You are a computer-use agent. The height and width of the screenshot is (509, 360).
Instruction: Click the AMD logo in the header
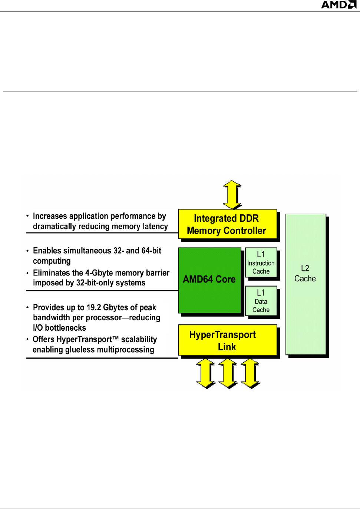[338, 5]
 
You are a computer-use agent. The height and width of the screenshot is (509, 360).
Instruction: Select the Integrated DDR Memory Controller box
[227, 224]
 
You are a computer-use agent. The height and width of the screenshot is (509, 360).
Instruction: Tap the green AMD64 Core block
[209, 280]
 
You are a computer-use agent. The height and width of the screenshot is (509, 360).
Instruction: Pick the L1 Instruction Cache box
[261, 262]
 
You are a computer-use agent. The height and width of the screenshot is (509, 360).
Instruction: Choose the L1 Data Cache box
[261, 301]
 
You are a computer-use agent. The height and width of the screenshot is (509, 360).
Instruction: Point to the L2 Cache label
[305, 274]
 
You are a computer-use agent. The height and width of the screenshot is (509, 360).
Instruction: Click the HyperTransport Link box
[227, 340]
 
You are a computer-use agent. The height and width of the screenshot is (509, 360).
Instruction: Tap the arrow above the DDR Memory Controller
[232, 195]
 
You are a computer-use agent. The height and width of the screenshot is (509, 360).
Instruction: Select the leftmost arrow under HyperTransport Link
[206, 373]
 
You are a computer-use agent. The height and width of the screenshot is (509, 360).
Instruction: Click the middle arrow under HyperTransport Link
[228, 373]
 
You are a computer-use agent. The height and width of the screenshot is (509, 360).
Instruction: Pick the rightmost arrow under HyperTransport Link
[251, 373]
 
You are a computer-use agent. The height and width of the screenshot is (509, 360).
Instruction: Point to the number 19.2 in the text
[93, 308]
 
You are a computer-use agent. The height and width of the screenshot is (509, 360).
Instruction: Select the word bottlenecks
[65, 328]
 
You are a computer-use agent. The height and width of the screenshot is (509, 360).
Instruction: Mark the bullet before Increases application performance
[27, 216]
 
